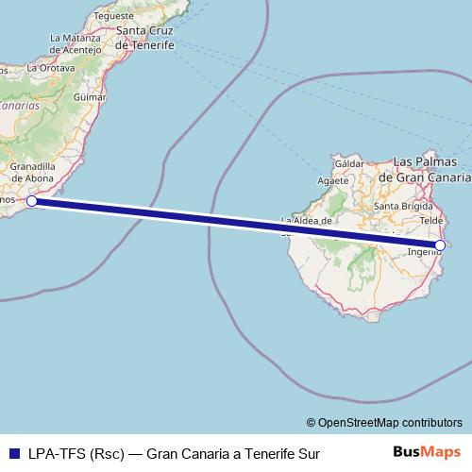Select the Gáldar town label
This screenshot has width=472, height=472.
pyautogui.click(x=349, y=163)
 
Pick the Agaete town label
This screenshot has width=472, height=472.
pyautogui.click(x=333, y=181)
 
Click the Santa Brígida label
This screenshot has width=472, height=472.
pyautogui.click(x=402, y=205)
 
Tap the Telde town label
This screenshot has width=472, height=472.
pyautogui.click(x=430, y=220)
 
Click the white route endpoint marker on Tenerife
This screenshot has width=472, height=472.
pyautogui.click(x=31, y=201)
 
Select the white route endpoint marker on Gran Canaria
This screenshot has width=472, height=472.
pyautogui.click(x=440, y=245)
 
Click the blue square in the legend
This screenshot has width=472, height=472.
pyautogui.click(x=13, y=454)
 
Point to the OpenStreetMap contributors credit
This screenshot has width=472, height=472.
pyautogui.click(x=383, y=422)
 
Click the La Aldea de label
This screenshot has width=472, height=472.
pyautogui.click(x=307, y=222)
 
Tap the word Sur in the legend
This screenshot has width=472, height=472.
pyautogui.click(x=308, y=454)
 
